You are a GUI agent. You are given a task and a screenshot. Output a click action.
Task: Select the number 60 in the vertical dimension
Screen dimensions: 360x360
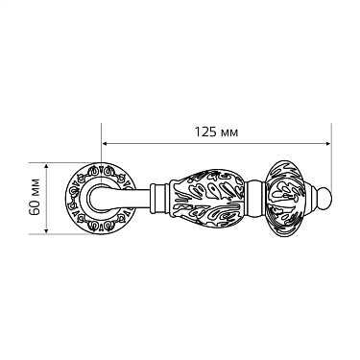click(x=36, y=208)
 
